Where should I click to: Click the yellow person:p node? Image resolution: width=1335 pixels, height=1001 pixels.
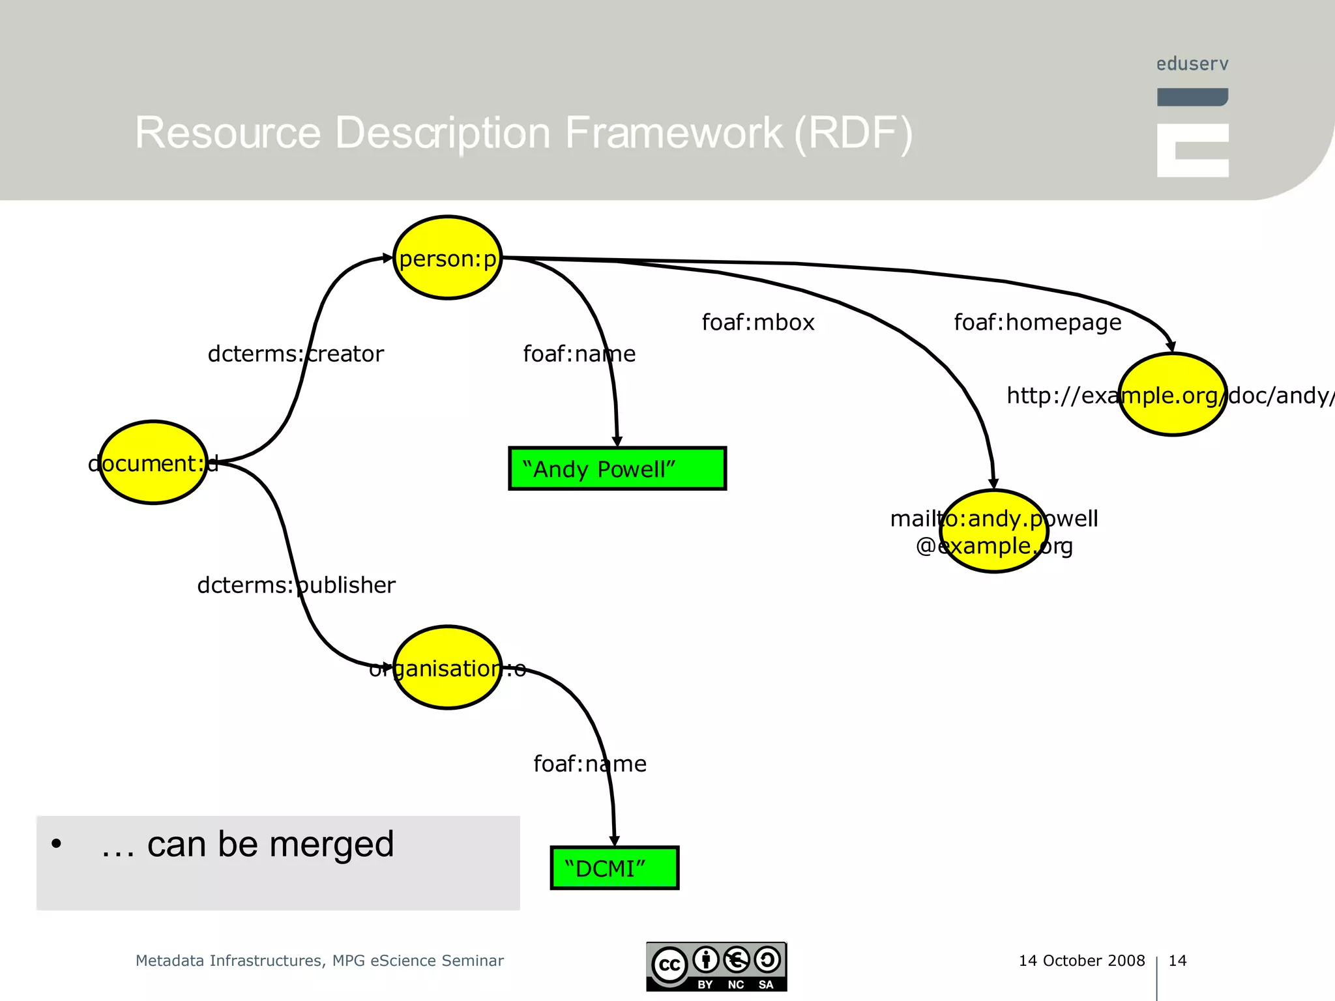448,258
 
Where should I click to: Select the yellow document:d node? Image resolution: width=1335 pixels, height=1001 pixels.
153,463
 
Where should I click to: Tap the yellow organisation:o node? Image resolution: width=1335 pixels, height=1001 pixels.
448,668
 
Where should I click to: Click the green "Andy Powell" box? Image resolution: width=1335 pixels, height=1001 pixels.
617,469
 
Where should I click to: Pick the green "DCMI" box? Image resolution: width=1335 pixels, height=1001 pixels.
614,868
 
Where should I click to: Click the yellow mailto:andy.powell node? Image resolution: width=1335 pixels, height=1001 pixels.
993,531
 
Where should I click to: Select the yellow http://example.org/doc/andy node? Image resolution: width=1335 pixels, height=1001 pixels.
1172,395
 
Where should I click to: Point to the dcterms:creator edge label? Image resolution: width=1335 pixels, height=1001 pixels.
295,354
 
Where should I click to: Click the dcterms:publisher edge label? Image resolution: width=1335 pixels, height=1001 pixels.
296,585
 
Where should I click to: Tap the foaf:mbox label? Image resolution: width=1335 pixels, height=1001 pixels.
757,323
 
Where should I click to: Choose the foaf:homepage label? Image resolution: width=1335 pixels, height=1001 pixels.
1037,323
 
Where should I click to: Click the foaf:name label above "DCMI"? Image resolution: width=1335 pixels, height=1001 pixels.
589,764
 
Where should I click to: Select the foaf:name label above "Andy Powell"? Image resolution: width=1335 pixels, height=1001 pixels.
579,354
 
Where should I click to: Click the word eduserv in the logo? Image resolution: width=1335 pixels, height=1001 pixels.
1192,64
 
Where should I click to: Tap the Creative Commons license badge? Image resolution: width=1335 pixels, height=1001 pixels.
716,967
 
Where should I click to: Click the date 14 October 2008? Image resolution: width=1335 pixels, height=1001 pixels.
1081,961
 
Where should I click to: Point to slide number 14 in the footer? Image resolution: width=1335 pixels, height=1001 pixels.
1177,961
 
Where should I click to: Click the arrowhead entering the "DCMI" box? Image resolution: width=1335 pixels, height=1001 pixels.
614,841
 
